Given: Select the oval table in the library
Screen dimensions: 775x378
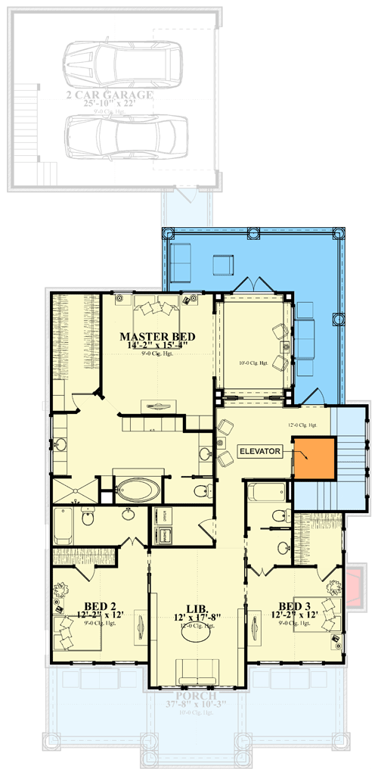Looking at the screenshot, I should click(x=197, y=635).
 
